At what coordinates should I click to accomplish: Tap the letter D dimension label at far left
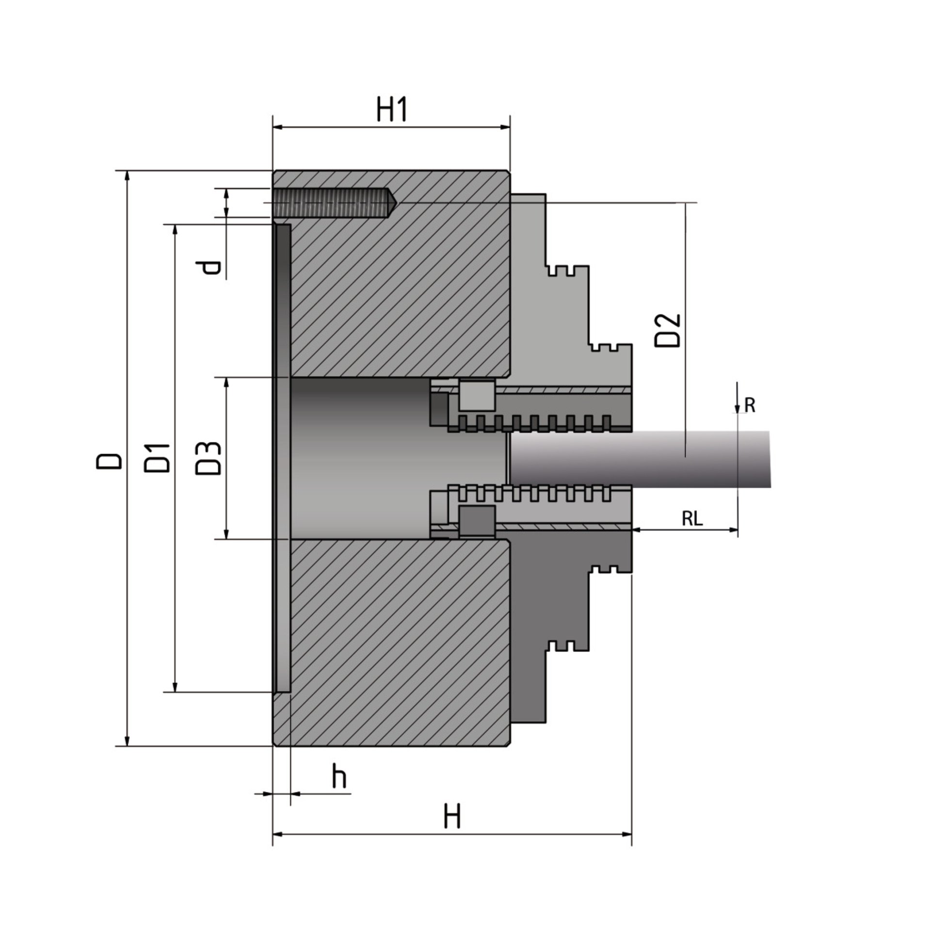pos(109,460)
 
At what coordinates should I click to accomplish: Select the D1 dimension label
pos(158,458)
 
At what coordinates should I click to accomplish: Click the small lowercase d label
pos(211,267)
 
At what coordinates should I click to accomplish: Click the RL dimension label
pos(692,519)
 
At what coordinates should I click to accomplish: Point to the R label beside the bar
pos(750,405)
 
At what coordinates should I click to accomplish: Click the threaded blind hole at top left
pos(332,203)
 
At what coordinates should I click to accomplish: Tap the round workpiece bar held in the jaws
pos(640,458)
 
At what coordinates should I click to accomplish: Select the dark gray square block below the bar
pos(476,522)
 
